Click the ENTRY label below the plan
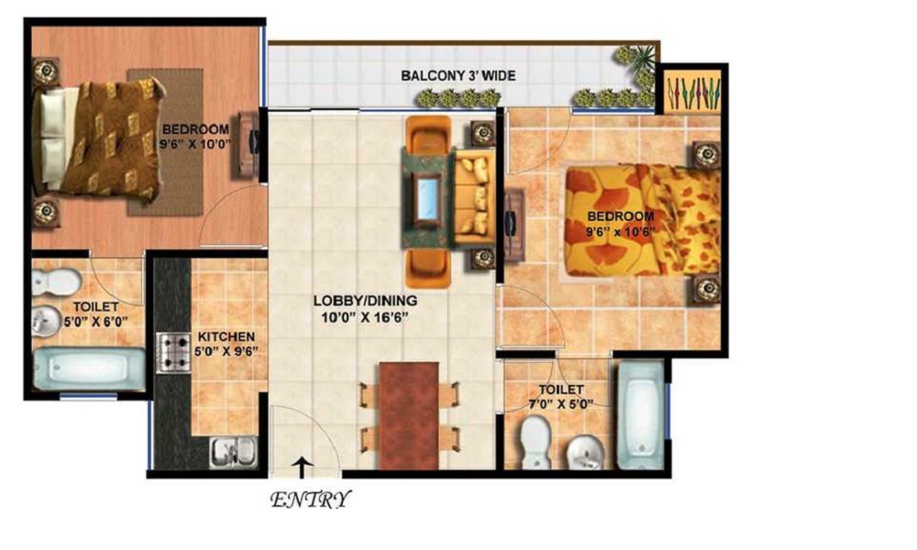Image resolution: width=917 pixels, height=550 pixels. coord(311,500)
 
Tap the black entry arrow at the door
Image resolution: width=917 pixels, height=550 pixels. coord(303,467)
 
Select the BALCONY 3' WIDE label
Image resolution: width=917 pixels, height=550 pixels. coord(458,75)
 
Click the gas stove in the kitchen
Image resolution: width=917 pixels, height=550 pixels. coord(173,352)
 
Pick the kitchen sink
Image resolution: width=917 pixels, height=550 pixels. coord(233,452)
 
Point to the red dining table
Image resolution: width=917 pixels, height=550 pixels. coord(409,415)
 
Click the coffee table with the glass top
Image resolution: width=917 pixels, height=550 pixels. coord(427,198)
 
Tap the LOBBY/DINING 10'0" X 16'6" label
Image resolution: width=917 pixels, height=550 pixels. coord(365,309)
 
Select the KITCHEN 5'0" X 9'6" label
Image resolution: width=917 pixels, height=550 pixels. coord(226,344)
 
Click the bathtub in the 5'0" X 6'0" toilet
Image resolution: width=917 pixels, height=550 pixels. coord(89,368)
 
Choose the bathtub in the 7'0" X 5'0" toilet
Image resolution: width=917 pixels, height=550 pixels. coord(641,414)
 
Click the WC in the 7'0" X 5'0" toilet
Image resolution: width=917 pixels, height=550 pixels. coord(536,442)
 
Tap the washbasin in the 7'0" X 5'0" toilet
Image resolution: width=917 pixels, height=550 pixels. coord(585,453)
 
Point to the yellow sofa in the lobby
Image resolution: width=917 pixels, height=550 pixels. coord(474,198)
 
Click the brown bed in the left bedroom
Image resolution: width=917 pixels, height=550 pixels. coord(98,139)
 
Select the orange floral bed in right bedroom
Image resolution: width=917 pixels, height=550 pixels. coord(642,220)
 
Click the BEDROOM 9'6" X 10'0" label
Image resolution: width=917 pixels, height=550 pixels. coord(196,137)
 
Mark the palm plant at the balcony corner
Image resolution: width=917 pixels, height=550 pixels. coord(635,63)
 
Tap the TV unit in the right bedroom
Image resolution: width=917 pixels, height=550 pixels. coord(514,225)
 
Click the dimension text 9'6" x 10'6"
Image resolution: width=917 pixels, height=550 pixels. coord(621,231)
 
